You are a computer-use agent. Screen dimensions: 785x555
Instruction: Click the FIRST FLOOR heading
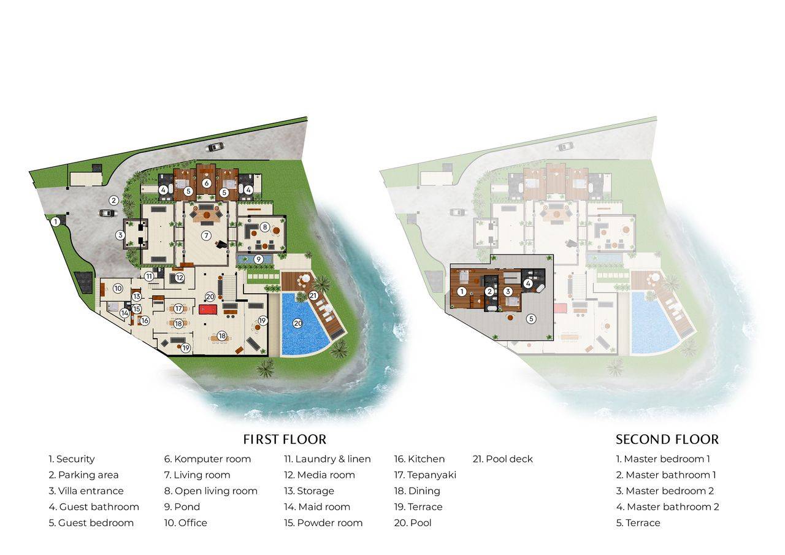point(285,439)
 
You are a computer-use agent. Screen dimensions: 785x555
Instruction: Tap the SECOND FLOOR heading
point(667,439)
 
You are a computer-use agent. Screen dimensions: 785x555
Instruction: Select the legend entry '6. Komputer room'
point(207,459)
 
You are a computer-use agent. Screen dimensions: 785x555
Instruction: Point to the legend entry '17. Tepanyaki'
point(425,475)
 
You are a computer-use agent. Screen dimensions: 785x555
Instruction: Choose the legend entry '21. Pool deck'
point(502,459)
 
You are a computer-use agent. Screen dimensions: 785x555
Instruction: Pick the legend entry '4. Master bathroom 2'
point(667,507)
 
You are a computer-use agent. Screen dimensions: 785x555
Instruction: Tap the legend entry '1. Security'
point(72,459)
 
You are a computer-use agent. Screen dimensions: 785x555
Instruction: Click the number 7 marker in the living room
point(207,235)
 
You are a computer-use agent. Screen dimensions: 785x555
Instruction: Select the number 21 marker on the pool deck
point(313,296)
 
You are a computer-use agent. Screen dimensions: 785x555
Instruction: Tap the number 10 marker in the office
point(118,288)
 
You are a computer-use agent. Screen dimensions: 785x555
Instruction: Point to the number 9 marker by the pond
point(259,259)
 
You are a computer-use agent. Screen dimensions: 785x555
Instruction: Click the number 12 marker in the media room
point(179,278)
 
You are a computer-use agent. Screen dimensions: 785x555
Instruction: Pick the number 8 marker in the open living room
point(265,227)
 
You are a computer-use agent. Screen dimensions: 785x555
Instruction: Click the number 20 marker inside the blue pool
point(297,323)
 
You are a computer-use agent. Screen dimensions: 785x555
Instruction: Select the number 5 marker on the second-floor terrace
point(531,319)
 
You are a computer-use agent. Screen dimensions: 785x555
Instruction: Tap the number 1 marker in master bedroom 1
point(462,291)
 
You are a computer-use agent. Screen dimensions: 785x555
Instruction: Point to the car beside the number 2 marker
point(107,213)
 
